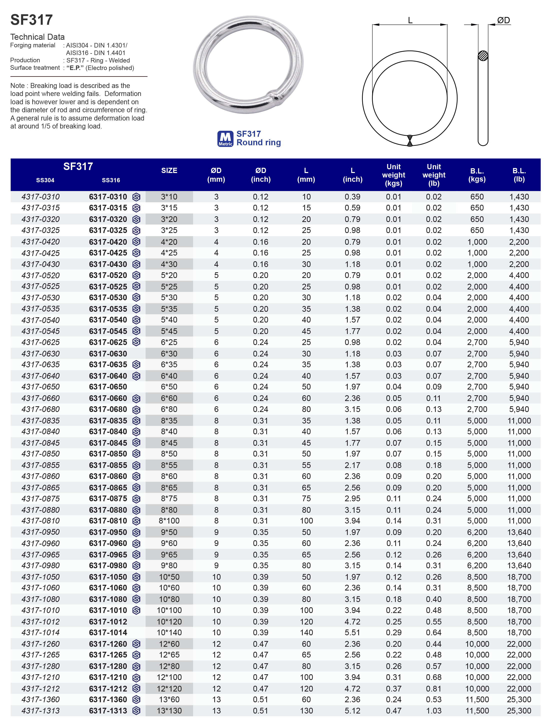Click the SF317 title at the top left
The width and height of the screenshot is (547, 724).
coord(31,20)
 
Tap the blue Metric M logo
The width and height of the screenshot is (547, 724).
coord(225,139)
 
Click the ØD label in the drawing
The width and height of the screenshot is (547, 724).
coord(503,20)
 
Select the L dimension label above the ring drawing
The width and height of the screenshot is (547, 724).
coord(410,20)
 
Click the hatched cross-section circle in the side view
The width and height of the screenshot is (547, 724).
coord(483,56)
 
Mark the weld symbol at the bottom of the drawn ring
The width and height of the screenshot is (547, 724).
coord(409,140)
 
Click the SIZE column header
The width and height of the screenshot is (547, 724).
coord(169,170)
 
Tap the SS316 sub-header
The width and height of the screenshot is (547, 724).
coord(111,180)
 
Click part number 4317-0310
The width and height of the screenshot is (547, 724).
coord(40,197)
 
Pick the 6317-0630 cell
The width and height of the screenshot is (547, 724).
coord(108,353)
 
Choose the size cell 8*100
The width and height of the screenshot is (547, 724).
coord(169,521)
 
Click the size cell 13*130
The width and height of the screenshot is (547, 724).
coord(169,710)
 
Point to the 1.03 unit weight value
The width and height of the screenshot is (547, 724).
coord(433,710)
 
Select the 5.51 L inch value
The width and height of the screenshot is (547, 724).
coord(352,632)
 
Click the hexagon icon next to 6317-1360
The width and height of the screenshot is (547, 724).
coord(136,699)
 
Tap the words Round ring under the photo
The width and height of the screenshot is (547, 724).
coord(258,142)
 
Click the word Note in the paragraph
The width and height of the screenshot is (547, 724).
coord(17,86)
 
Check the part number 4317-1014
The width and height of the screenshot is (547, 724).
coord(40,632)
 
